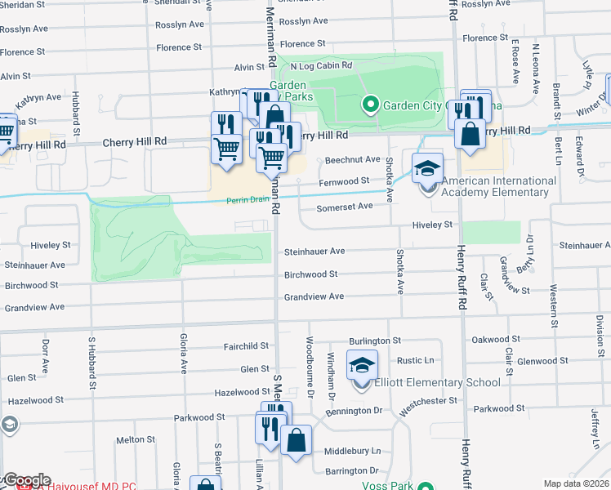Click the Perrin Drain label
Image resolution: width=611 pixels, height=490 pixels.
pyautogui.click(x=250, y=198)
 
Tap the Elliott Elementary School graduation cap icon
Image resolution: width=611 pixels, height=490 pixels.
pyautogui.click(x=363, y=365)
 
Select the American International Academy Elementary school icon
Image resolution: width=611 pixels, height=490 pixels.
pyautogui.click(x=427, y=168)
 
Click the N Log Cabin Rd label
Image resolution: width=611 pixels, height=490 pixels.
pyautogui.click(x=320, y=65)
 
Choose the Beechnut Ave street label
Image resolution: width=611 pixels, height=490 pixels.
pyautogui.click(x=353, y=159)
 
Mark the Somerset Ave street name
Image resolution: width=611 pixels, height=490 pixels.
pyautogui.click(x=345, y=206)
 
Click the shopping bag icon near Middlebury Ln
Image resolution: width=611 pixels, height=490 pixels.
pyautogui.click(x=296, y=440)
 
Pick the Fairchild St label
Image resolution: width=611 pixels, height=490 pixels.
pyautogui.click(x=246, y=346)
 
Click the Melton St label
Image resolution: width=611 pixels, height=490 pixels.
pyautogui.click(x=130, y=439)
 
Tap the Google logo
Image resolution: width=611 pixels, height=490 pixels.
pyautogui.click(x=26, y=480)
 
